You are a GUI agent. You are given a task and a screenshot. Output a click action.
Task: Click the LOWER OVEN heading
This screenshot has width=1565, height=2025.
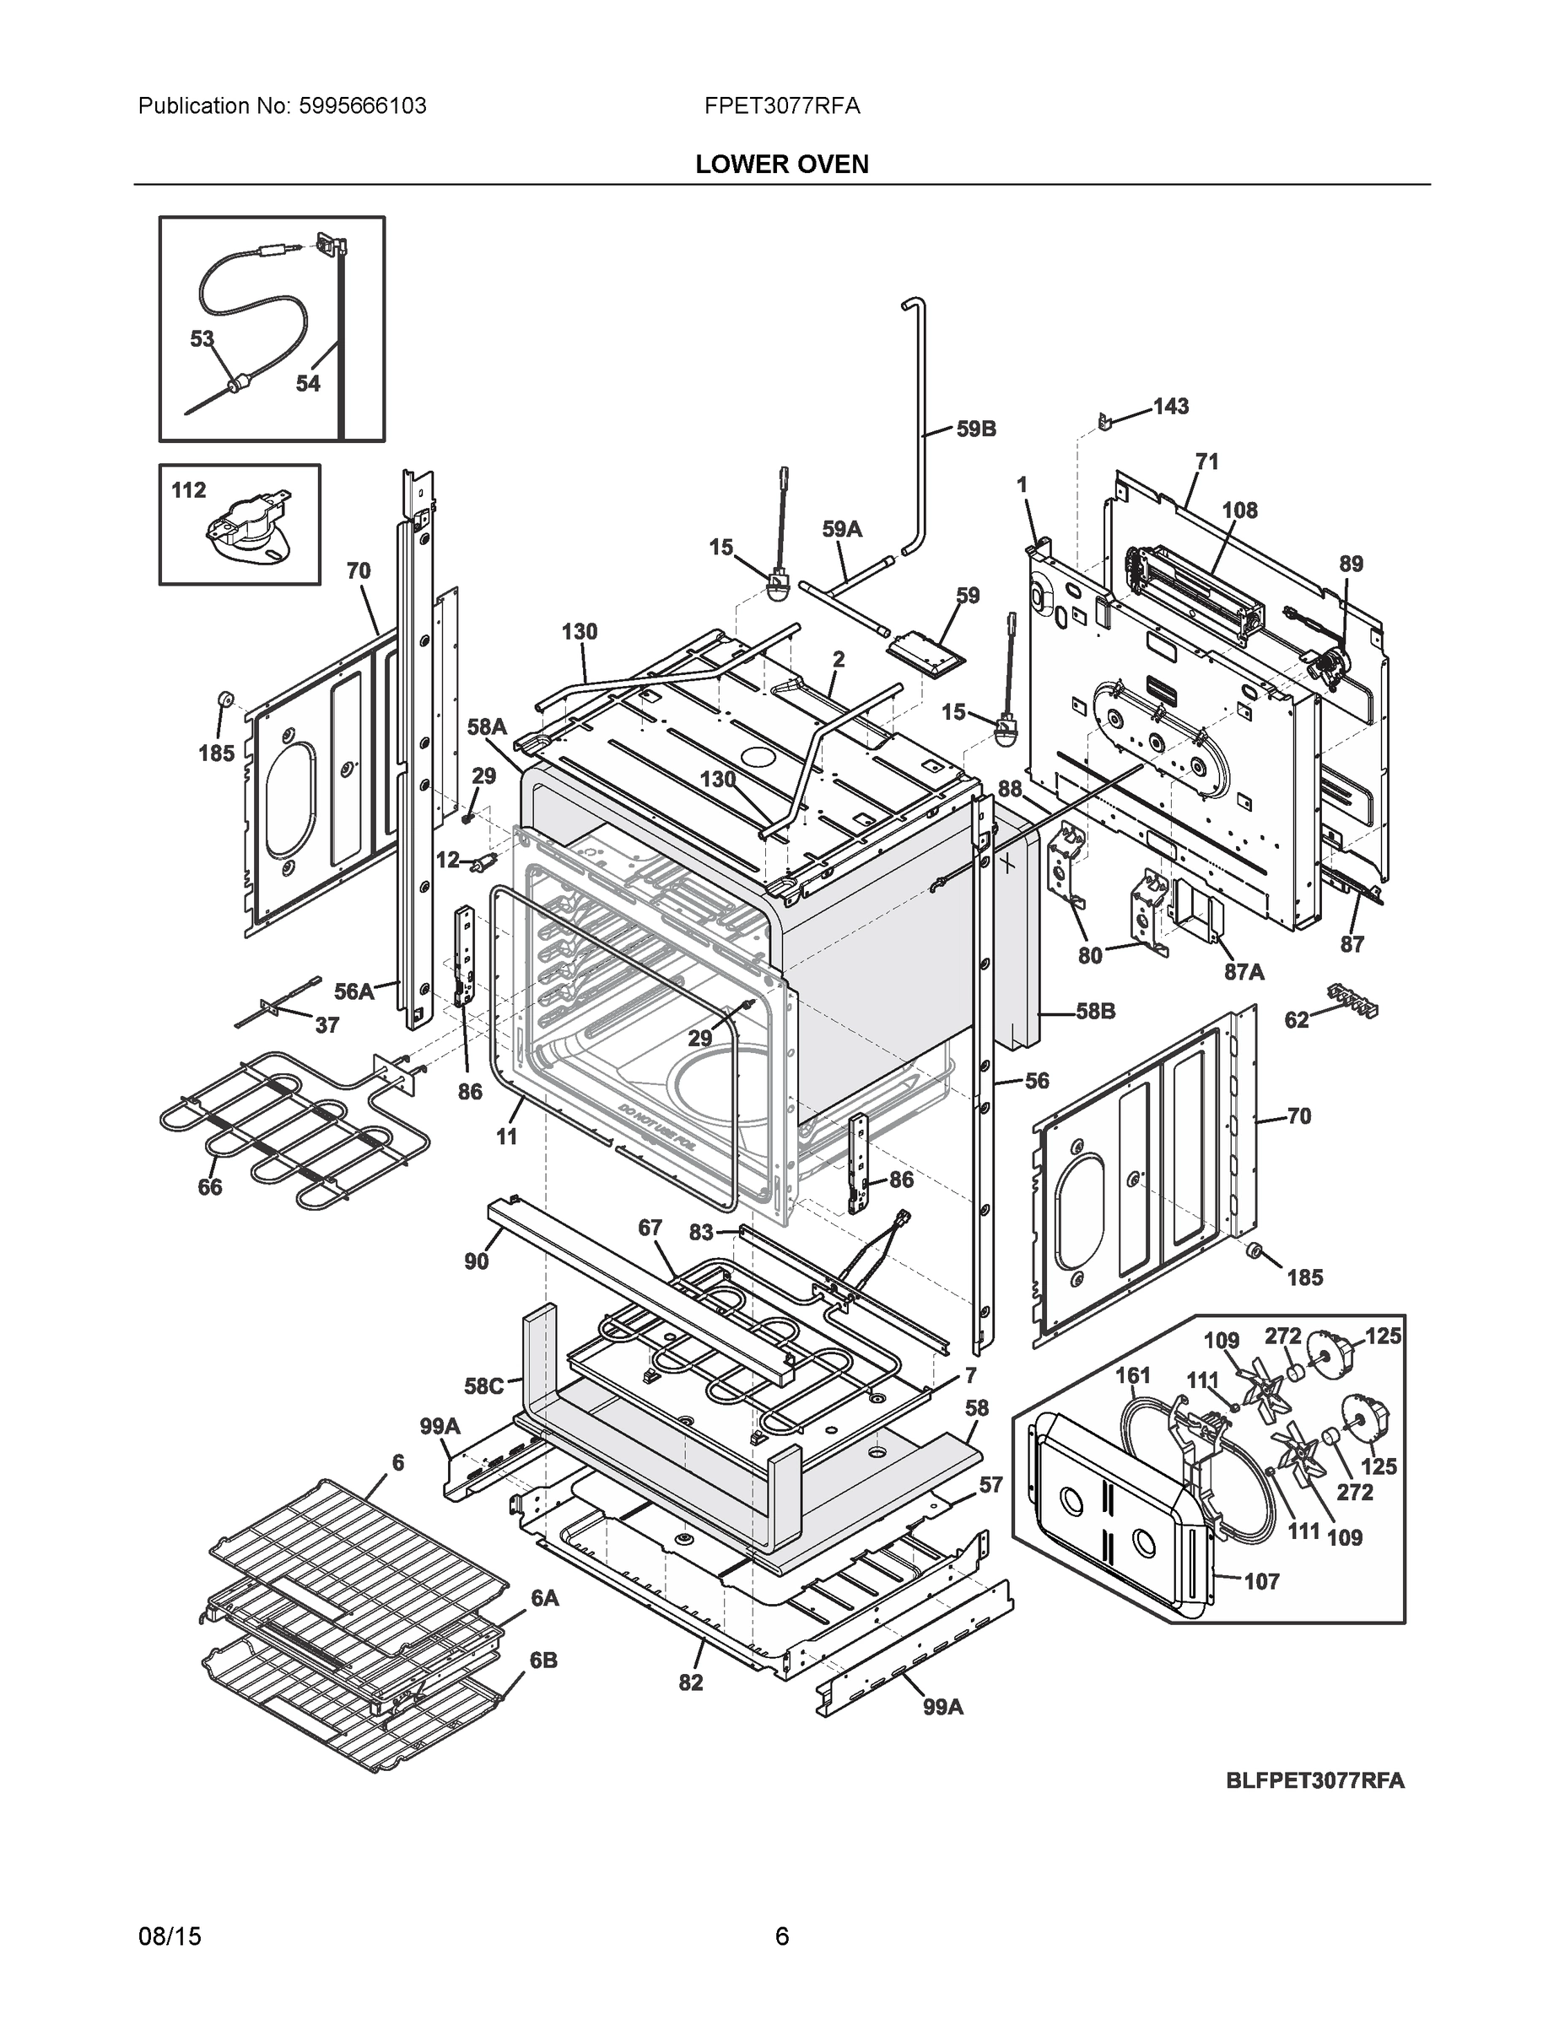point(781,165)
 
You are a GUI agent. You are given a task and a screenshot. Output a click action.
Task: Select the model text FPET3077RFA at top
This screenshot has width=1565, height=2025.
point(781,105)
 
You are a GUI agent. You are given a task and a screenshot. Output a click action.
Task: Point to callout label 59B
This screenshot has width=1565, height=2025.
point(975,429)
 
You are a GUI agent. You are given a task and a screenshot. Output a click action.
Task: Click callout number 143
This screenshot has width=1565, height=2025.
point(1170,406)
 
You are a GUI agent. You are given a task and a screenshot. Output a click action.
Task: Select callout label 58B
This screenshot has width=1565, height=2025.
point(1095,1011)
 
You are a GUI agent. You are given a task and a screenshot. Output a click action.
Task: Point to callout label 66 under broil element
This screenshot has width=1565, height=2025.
point(209,1187)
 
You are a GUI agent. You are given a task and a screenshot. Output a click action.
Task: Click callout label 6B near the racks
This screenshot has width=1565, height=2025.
point(543,1660)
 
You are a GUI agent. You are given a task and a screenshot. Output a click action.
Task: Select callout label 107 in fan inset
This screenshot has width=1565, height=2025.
point(1261,1581)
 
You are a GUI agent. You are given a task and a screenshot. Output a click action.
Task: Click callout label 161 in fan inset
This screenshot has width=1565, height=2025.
point(1133,1375)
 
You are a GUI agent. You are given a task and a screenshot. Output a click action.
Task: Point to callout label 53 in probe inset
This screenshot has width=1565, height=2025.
point(202,339)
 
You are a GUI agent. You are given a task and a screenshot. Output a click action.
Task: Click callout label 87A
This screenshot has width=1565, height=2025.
point(1244,971)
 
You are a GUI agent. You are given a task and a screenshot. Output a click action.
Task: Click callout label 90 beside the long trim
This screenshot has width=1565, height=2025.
point(476,1261)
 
